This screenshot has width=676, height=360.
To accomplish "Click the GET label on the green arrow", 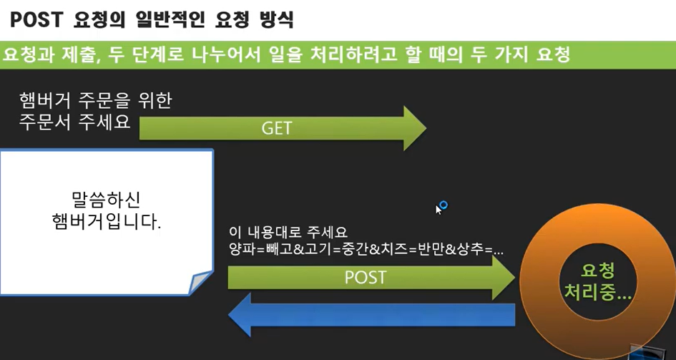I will tap(277, 129).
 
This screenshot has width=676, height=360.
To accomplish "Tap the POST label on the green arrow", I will tap(366, 276).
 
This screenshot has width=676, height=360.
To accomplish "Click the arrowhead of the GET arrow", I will tap(413, 128).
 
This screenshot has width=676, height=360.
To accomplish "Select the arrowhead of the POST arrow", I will tap(503, 276).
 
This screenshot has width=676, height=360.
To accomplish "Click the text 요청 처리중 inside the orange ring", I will tap(600, 281).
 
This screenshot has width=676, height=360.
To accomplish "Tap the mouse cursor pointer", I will tap(439, 209).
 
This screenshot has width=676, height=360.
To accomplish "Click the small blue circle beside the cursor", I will tap(444, 205).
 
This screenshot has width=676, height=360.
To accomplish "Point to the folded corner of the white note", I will tap(200, 282).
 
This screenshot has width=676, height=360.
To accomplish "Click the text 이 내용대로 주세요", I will tap(288, 233).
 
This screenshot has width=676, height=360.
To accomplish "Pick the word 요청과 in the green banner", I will tap(27, 54).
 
